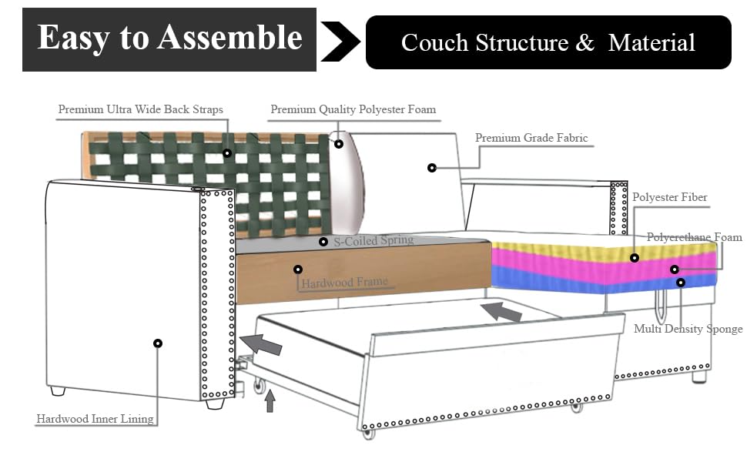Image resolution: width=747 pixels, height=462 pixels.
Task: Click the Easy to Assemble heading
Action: (x=169, y=38)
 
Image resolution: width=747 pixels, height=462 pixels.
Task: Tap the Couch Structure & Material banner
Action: (x=548, y=42)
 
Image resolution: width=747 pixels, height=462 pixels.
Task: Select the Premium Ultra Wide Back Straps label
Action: (x=141, y=109)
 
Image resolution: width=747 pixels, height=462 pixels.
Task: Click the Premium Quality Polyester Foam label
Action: (x=353, y=109)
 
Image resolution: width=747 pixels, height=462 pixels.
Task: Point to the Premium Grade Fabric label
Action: (x=531, y=139)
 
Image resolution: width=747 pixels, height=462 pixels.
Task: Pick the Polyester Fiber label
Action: (x=669, y=198)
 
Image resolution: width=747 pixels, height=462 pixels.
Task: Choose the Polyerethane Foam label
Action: (x=694, y=237)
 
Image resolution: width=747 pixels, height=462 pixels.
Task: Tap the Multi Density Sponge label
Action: (x=688, y=329)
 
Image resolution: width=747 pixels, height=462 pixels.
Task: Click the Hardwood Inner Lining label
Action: (x=95, y=419)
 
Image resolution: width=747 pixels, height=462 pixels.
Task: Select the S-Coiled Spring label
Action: (x=373, y=240)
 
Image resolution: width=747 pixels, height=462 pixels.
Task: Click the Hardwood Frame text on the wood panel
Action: (x=344, y=283)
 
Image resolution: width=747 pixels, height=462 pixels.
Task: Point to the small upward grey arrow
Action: (x=270, y=401)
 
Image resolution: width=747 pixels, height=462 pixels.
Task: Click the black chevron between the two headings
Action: (x=339, y=42)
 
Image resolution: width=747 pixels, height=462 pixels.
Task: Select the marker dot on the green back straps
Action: (x=227, y=153)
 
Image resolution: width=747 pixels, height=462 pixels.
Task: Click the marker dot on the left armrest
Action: (x=158, y=343)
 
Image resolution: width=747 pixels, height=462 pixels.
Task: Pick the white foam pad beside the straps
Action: (x=347, y=185)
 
